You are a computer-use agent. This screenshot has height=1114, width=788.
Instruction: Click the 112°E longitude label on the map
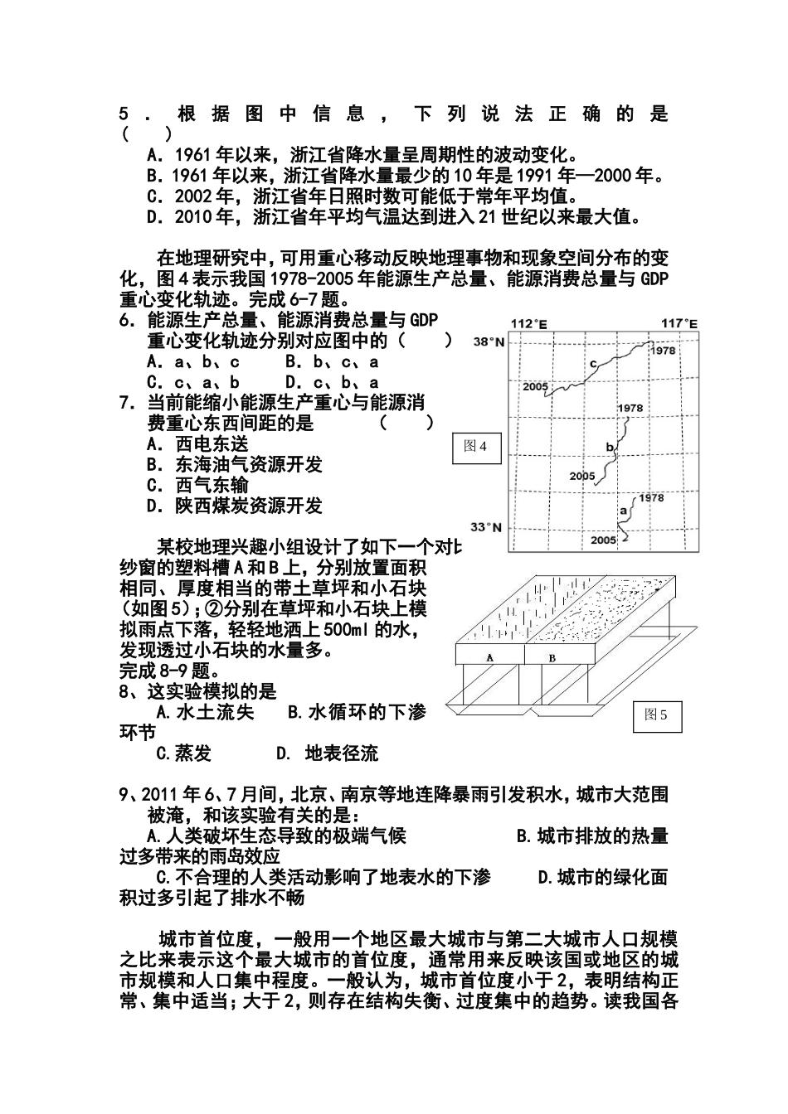pyautogui.click(x=529, y=323)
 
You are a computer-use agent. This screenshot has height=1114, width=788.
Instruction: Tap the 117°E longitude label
pyautogui.click(x=679, y=323)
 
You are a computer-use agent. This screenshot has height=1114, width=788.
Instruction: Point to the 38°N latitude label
pyautogui.click(x=489, y=341)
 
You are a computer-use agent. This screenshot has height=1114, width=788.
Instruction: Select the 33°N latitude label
pyautogui.click(x=488, y=526)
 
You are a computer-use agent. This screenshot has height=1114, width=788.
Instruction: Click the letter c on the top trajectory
pyautogui.click(x=592, y=363)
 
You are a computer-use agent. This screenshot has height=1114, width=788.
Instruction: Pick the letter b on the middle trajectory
pyautogui.click(x=610, y=448)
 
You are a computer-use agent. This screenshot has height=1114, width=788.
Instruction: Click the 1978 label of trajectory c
pyautogui.click(x=663, y=351)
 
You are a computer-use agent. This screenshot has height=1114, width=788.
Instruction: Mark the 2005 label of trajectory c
pyautogui.click(x=537, y=386)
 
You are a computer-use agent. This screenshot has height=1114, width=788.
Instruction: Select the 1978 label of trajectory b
pyautogui.click(x=630, y=408)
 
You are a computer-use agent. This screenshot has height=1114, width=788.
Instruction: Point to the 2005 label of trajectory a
pyautogui.click(x=604, y=540)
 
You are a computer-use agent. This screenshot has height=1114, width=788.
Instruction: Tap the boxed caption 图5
pyautogui.click(x=657, y=715)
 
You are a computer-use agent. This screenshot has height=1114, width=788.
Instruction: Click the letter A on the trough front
pyautogui.click(x=489, y=656)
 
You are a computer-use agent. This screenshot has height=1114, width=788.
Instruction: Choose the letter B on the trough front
pyautogui.click(x=552, y=656)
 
